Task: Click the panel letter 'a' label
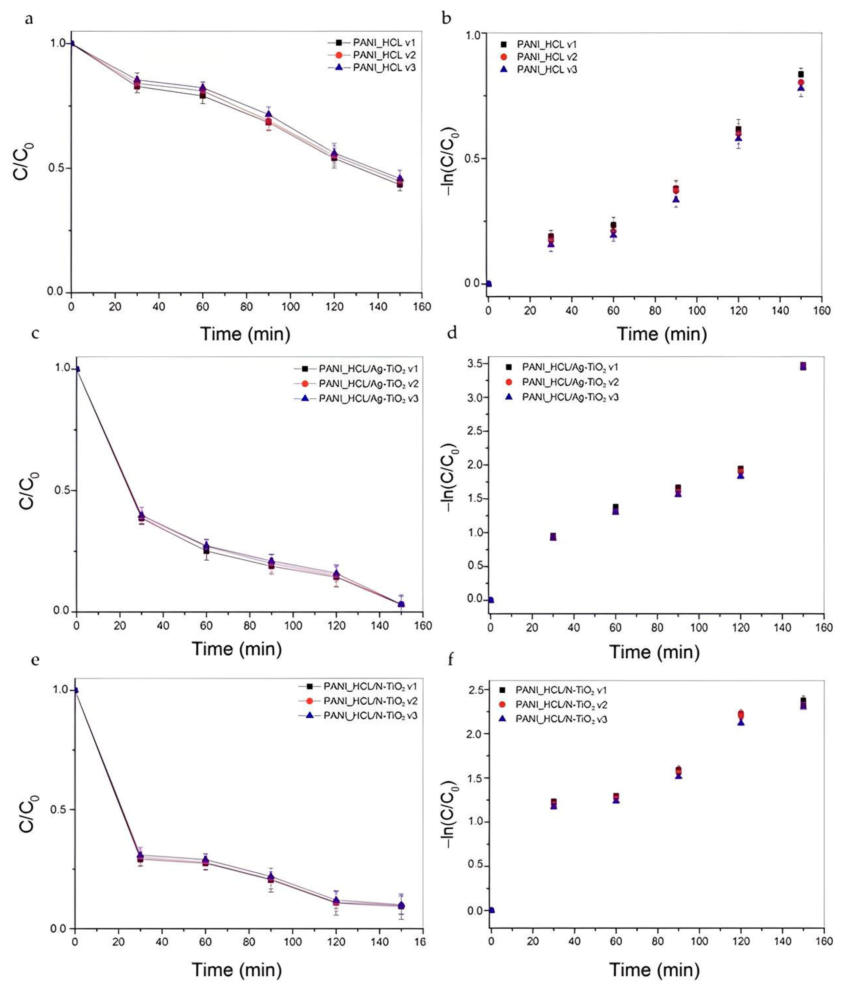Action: pos(29,20)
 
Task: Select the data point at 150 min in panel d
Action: pos(803,366)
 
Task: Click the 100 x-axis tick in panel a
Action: pos(290,307)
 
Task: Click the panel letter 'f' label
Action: pos(451,661)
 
